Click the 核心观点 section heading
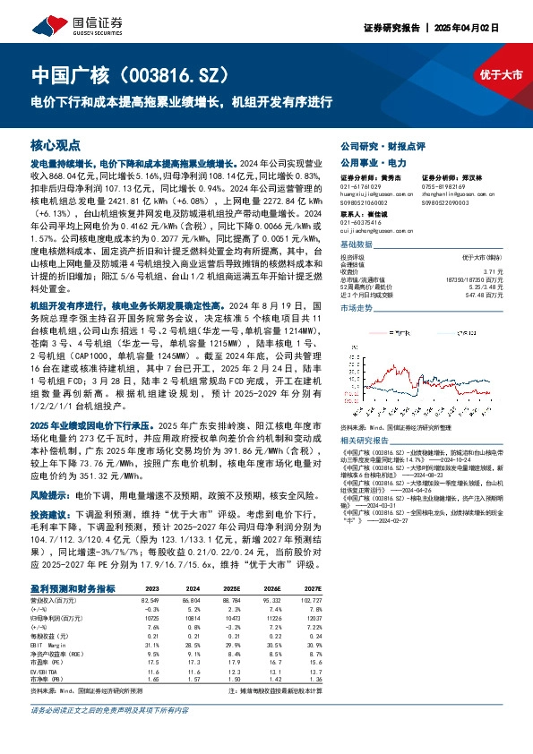pyautogui.click(x=56, y=144)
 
